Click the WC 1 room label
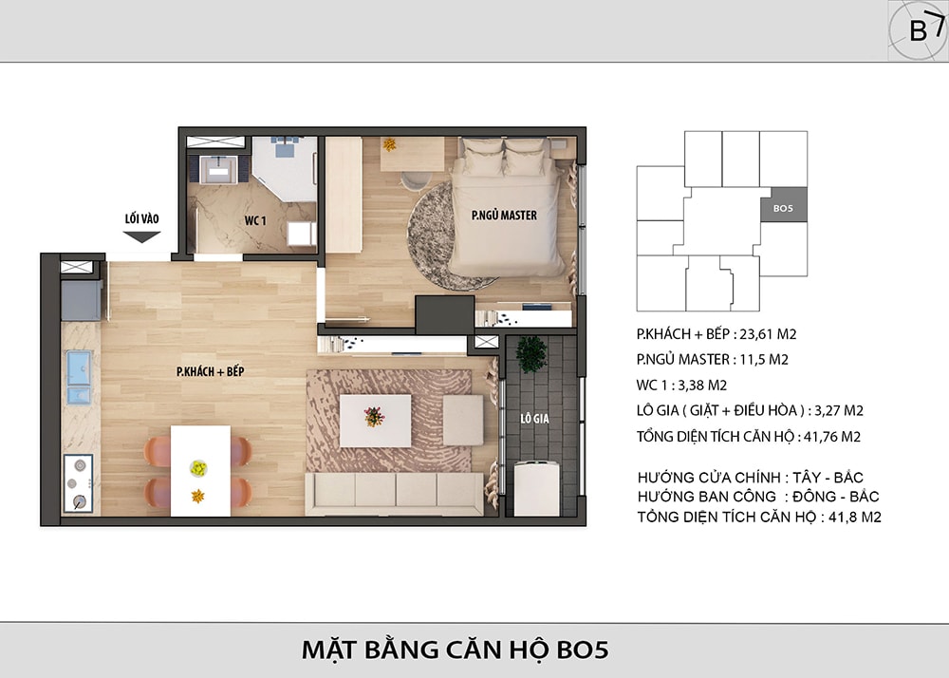pyautogui.click(x=254, y=220)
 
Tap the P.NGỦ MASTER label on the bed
pyautogui.click(x=504, y=215)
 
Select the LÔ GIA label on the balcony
pyautogui.click(x=535, y=419)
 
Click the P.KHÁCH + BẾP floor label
pyautogui.click(x=210, y=371)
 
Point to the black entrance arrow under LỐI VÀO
pyautogui.click(x=141, y=237)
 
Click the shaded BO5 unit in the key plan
pyautogui.click(x=783, y=204)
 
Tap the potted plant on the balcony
pyautogui.click(x=530, y=354)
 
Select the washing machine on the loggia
pyautogui.click(x=536, y=488)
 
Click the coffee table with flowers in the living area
pyautogui.click(x=375, y=421)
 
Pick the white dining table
pyautogui.click(x=200, y=471)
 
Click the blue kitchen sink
pyautogui.click(x=79, y=377)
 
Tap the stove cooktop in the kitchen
pyautogui.click(x=78, y=483)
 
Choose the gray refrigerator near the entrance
pyautogui.click(x=81, y=300)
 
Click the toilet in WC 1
pyautogui.click(x=301, y=234)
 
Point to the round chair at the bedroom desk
pyautogui.click(x=417, y=181)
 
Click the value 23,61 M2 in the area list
pyautogui.click(x=768, y=333)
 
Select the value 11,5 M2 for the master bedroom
pyautogui.click(x=764, y=360)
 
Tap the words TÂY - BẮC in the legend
pyautogui.click(x=828, y=477)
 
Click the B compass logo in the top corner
pyautogui.click(x=918, y=30)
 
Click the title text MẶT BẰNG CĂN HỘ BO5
pyautogui.click(x=456, y=650)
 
